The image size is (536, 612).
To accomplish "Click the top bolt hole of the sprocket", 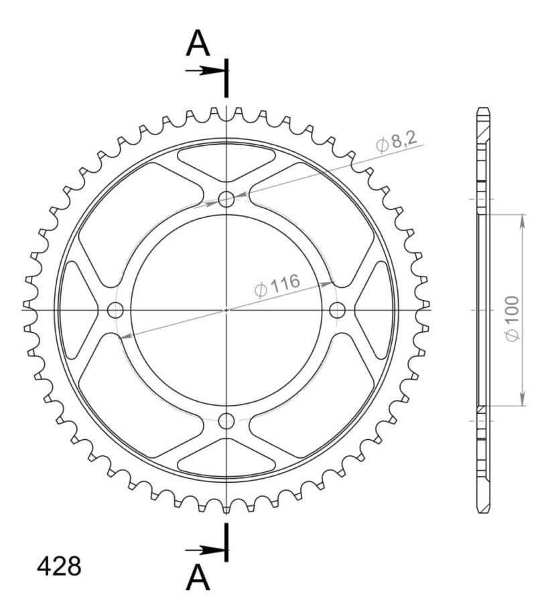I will (226, 199).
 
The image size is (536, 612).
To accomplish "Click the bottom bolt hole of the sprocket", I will (226, 421).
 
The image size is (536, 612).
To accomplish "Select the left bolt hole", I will (116, 310).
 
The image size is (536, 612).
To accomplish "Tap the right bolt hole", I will (338, 310).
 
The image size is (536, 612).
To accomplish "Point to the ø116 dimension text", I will (276, 286).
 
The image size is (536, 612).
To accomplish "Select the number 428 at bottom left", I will (59, 567).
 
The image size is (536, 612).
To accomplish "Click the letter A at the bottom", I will (198, 577).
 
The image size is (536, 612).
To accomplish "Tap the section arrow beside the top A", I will (204, 70).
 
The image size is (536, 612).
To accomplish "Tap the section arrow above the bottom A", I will (204, 550).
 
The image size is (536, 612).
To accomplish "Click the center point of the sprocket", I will (226, 310).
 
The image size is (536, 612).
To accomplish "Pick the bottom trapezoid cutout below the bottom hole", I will (226, 457).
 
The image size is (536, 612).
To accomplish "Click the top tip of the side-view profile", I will (483, 108).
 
